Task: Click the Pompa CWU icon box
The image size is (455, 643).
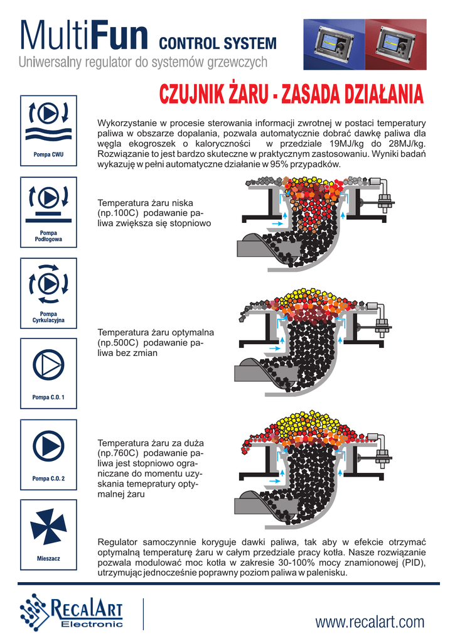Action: [48, 131]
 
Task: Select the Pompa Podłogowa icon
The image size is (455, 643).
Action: [48, 212]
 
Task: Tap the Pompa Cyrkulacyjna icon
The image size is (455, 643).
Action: [48, 293]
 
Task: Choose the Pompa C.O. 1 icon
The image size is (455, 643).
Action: [48, 373]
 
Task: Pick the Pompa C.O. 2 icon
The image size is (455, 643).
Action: [48, 455]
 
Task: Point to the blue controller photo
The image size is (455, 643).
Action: [334, 45]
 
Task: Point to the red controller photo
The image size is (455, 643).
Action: [395, 45]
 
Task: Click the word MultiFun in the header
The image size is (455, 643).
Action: [84, 35]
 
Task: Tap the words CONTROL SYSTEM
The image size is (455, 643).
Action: [218, 43]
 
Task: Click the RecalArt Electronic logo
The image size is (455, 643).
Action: [72, 612]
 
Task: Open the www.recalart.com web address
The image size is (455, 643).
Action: [370, 622]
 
